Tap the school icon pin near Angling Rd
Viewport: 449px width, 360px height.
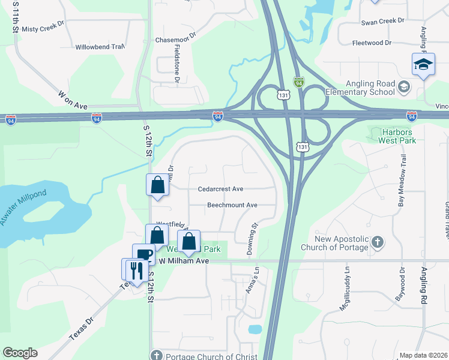point(423,64)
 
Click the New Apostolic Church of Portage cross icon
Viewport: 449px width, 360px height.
point(377,243)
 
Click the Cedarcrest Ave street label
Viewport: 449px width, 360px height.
point(220,189)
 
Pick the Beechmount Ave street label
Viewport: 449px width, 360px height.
point(232,205)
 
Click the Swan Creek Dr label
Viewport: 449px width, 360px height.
point(383,22)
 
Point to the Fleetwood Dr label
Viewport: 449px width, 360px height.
point(372,43)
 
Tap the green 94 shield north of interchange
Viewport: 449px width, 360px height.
point(298,82)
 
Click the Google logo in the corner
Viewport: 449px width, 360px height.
point(20,353)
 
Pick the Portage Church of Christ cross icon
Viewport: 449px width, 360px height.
point(156,356)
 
